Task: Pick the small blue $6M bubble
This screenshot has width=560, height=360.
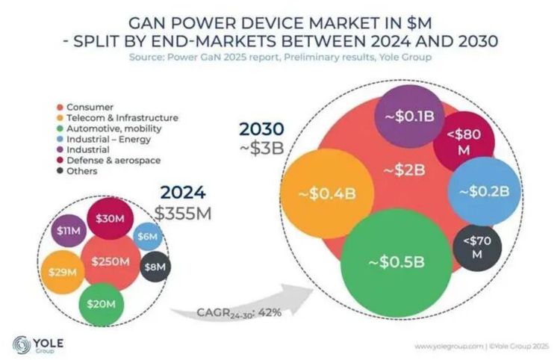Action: (x=147, y=236)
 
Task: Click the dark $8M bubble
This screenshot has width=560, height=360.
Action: (x=155, y=266)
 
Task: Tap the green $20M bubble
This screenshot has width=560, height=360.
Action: (x=101, y=303)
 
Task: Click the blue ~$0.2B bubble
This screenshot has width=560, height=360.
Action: (x=483, y=190)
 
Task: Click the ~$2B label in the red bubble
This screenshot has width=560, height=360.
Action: (x=404, y=171)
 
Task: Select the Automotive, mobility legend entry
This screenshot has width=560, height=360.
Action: (x=113, y=128)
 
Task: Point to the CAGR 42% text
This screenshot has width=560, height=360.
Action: (x=239, y=311)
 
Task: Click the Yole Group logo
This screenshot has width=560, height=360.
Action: (x=37, y=345)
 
